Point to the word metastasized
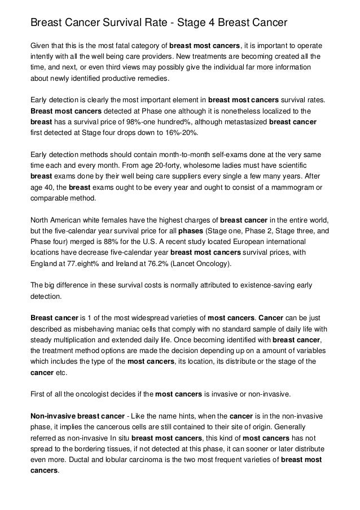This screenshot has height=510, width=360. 243,121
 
